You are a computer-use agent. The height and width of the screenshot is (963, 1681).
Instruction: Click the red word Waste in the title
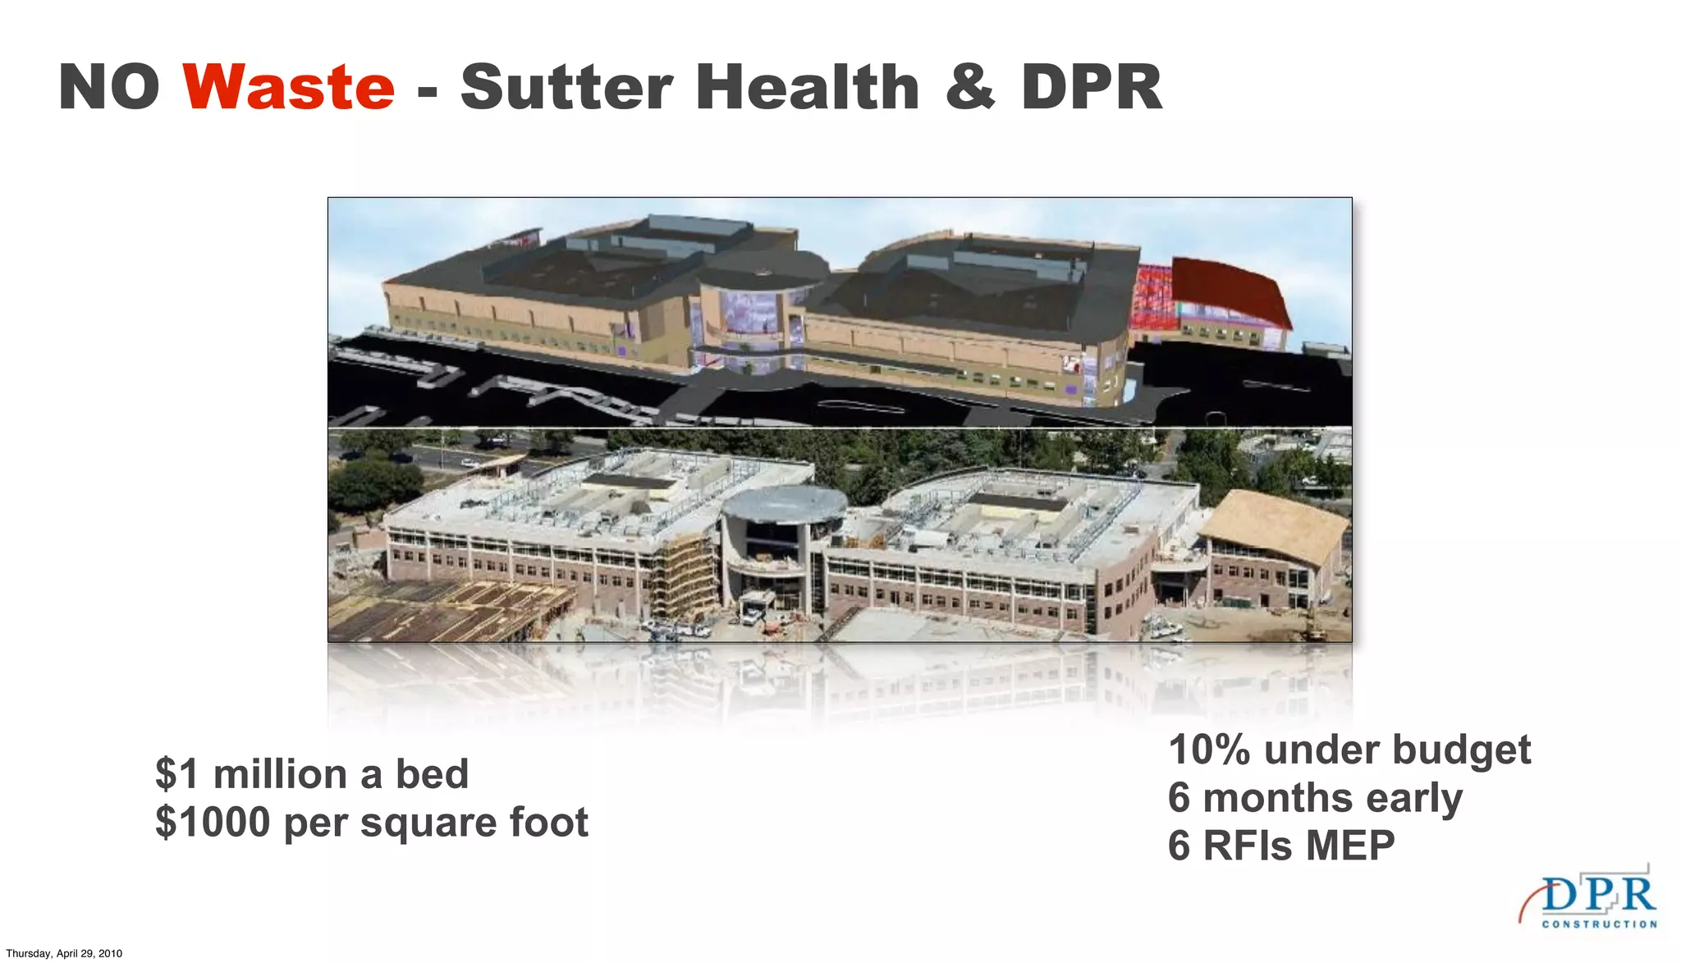[289, 87]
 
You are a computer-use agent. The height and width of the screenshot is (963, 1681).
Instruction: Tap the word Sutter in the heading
[566, 87]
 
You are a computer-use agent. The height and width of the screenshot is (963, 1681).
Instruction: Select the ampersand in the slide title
[970, 87]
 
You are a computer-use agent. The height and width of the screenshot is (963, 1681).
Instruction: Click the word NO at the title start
[109, 87]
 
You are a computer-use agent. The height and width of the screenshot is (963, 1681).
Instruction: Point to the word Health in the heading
[808, 87]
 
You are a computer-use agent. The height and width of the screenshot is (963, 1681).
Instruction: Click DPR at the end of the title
[1092, 87]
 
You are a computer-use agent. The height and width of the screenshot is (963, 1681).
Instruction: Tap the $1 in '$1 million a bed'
[176, 774]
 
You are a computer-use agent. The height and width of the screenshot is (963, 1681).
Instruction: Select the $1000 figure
[213, 823]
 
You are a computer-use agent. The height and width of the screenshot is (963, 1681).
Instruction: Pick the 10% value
[1209, 750]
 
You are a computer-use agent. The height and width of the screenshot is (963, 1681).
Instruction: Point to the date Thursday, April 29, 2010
[64, 953]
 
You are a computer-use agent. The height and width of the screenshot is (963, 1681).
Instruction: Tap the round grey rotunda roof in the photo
[784, 502]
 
